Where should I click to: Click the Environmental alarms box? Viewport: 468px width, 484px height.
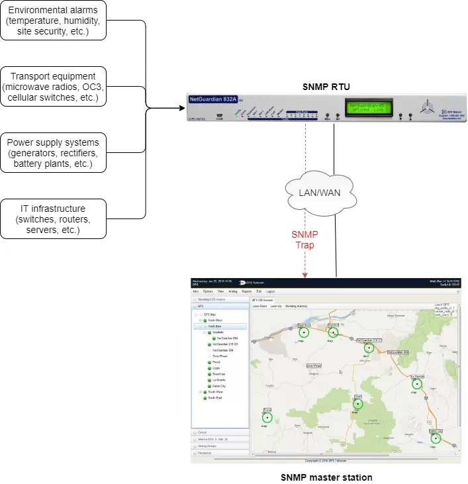(54, 20)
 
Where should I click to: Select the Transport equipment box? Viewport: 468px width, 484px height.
(54, 87)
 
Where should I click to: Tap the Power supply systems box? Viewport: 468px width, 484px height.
(54, 152)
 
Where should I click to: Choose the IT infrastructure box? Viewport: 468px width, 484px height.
(54, 219)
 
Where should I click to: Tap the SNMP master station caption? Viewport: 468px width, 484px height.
(326, 477)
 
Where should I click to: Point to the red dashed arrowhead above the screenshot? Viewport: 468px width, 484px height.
(304, 274)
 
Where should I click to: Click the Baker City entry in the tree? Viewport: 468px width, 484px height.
(218, 385)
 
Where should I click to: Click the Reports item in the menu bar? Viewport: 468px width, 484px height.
(246, 291)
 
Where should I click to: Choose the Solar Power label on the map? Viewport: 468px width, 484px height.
(313, 365)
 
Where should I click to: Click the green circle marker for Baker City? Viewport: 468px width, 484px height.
(436, 438)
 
